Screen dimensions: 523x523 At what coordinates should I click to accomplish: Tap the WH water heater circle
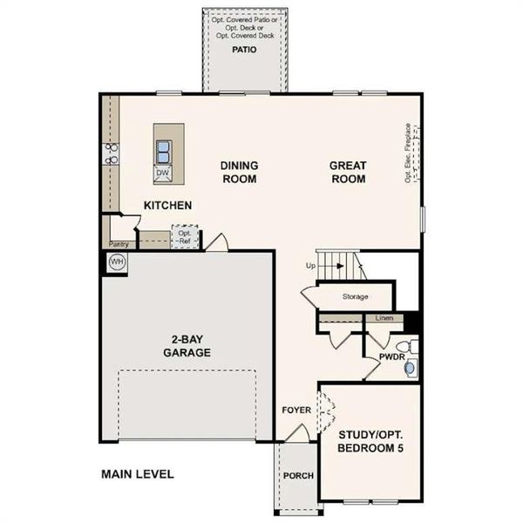click(117, 261)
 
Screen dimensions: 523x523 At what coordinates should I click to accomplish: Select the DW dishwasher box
click(162, 173)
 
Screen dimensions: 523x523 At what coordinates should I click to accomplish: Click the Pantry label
click(119, 245)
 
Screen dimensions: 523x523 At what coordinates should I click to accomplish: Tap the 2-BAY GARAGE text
click(187, 345)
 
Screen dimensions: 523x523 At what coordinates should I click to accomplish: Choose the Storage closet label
click(355, 297)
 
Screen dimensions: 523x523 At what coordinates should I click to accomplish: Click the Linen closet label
click(384, 318)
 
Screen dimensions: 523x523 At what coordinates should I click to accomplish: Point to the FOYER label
click(296, 410)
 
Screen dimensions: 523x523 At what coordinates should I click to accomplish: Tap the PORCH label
click(297, 476)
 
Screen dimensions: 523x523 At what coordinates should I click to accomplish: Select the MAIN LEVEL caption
click(138, 475)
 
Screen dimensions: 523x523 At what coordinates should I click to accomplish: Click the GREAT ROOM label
click(348, 173)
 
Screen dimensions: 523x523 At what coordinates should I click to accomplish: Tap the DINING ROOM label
click(239, 173)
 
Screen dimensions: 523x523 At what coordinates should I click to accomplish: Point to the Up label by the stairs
click(310, 265)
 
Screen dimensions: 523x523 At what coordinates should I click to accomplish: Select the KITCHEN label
click(168, 206)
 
